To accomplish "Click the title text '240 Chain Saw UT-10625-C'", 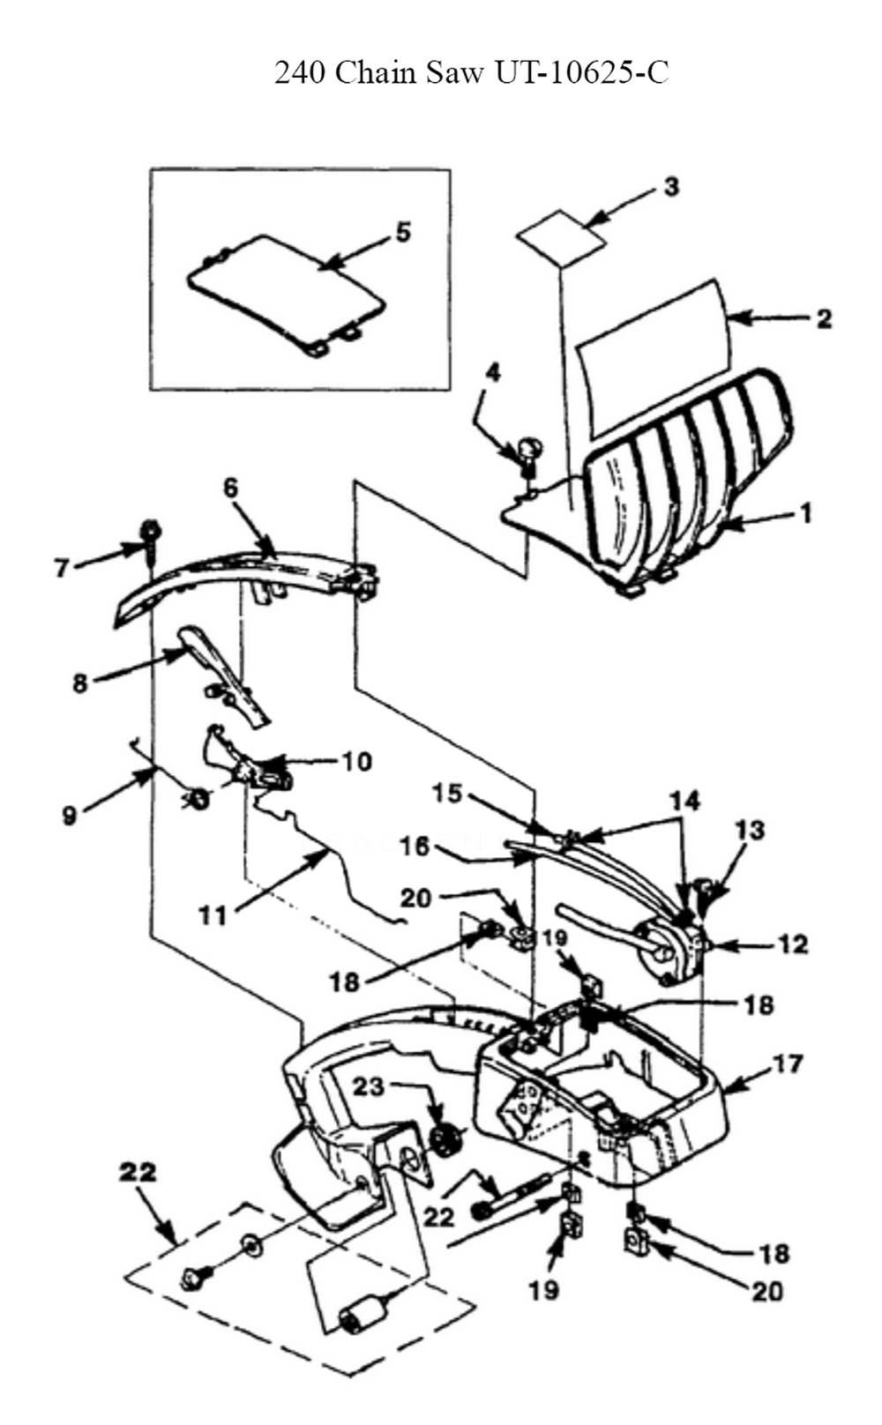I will (472, 72).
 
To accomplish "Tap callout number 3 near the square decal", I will (671, 187).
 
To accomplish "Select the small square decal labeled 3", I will (559, 236).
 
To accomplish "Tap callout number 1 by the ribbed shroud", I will (804, 512).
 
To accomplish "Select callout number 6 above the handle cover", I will (231, 488).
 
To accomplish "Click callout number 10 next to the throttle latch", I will (356, 761).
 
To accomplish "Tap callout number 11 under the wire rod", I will (213, 915).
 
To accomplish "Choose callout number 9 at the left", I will (70, 816).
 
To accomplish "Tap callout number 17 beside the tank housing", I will (788, 1064).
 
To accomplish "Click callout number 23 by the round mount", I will (370, 1086).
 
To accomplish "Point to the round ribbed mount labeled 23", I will (448, 1139).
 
